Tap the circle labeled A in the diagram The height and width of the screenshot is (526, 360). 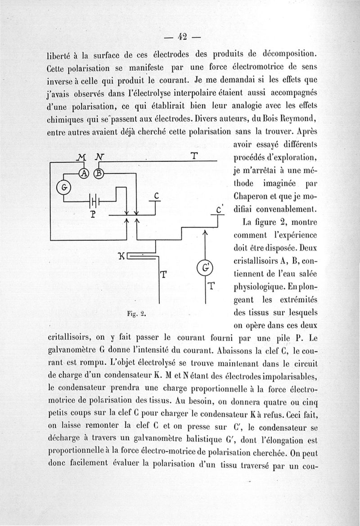coord(84,174)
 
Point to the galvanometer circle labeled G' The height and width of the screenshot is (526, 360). coord(205,268)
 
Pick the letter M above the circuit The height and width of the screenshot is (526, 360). coord(81,157)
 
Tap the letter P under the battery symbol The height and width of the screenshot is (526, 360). coord(93,214)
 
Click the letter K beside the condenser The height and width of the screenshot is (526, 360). coord(121,257)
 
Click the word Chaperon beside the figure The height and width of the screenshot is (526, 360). coord(252,197)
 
